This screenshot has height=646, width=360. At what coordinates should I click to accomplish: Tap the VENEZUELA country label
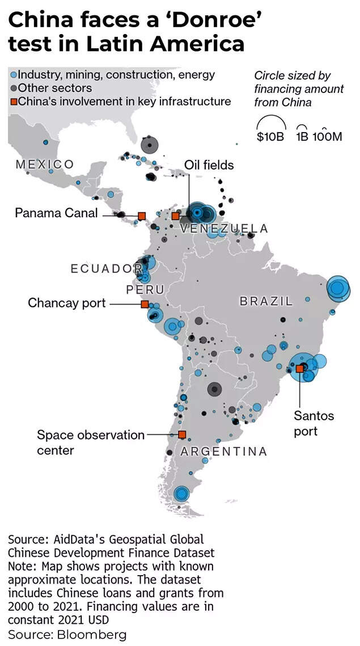click(x=224, y=229)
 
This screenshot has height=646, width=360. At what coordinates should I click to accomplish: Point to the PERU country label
click(x=145, y=290)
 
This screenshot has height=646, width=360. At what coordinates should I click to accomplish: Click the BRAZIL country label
click(x=266, y=301)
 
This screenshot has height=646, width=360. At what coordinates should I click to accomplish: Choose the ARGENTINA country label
click(x=223, y=452)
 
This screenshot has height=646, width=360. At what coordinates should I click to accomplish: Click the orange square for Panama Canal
click(x=142, y=216)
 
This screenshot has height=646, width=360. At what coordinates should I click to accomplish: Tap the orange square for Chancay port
click(x=145, y=305)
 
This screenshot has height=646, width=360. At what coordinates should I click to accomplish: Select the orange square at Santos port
click(x=299, y=369)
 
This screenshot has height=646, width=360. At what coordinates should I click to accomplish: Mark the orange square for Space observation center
click(x=182, y=435)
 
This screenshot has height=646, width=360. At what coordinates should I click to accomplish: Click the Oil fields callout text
click(x=209, y=165)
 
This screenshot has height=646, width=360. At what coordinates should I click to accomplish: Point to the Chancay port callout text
click(x=67, y=303)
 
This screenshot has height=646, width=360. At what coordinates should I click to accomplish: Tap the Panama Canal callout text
click(x=56, y=213)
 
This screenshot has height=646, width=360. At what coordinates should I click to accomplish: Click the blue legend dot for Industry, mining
click(x=14, y=74)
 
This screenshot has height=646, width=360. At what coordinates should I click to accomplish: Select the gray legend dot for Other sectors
click(x=14, y=88)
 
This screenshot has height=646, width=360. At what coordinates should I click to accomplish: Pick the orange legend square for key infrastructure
click(x=14, y=102)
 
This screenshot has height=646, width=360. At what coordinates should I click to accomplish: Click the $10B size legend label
click(x=270, y=137)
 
